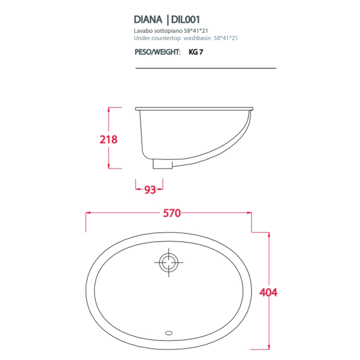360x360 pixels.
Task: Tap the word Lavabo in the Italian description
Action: pos(142,32)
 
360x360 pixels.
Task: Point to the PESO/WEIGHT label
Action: pos(157,52)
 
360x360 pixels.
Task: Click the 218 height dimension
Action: pos(109,139)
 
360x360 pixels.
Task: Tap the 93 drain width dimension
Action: pos(150,190)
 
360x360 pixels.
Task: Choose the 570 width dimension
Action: pos(172,213)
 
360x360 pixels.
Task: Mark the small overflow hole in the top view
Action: pos(168,333)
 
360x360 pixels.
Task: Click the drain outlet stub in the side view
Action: pos(162,164)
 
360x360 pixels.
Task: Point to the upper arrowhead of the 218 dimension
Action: pos(109,110)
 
